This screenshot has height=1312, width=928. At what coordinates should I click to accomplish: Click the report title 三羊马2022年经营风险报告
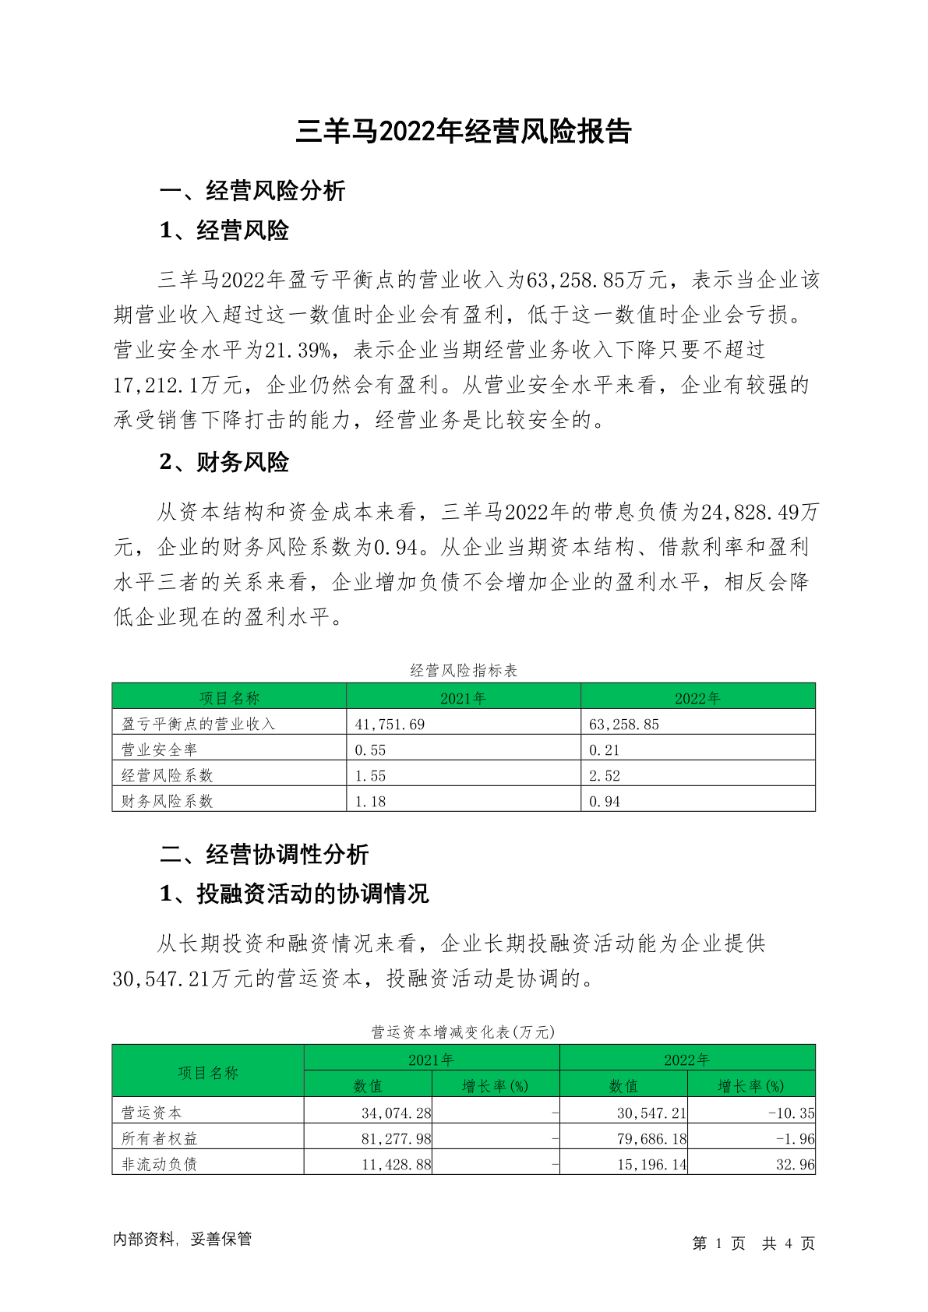pos(464,132)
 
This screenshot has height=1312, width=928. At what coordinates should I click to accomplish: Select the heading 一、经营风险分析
pos(252,190)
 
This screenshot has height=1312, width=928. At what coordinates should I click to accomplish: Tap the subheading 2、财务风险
pos(224,462)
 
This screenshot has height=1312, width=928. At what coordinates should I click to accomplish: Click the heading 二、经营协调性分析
pos(263,854)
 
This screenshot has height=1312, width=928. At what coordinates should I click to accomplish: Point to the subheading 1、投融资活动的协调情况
pos(294,893)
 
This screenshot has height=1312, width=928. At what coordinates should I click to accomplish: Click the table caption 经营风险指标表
pos(464,671)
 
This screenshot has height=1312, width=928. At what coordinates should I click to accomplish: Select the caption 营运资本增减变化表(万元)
pos(464,1032)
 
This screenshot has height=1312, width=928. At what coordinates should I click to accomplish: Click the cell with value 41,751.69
pos(390,724)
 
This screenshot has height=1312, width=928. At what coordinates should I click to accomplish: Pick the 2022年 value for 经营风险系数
pos(605,775)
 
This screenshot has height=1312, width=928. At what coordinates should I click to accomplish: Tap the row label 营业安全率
pos(160,749)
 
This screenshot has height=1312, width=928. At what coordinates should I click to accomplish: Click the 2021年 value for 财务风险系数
pos(370,801)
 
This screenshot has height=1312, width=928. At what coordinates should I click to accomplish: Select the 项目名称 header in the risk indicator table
pos(229,698)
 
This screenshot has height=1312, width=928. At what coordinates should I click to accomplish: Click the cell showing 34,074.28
pos(396,1113)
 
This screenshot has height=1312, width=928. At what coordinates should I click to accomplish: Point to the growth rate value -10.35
pos(791,1113)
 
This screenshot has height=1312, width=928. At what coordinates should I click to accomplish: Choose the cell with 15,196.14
pos(651,1164)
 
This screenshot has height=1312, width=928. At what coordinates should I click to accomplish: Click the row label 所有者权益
pos(160,1138)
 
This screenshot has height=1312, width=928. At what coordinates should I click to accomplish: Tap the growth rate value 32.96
pos(795,1164)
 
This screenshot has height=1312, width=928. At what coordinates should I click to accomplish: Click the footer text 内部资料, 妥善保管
pos(182,1239)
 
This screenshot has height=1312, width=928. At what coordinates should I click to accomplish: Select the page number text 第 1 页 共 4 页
pos(753,1243)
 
